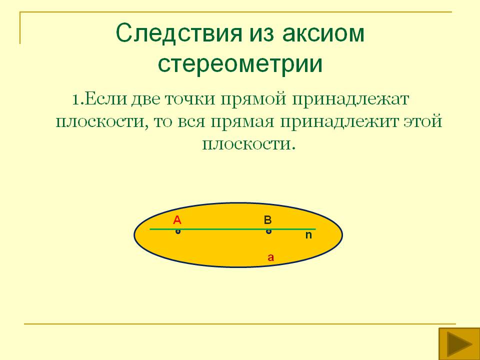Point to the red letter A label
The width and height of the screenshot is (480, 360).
(177, 219)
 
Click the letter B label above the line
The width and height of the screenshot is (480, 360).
(267, 219)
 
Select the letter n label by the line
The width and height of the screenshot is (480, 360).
(308, 234)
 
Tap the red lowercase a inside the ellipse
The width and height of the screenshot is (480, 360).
(270, 258)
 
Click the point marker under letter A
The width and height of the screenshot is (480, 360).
(177, 231)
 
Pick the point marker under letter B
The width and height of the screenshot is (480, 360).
(268, 231)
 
